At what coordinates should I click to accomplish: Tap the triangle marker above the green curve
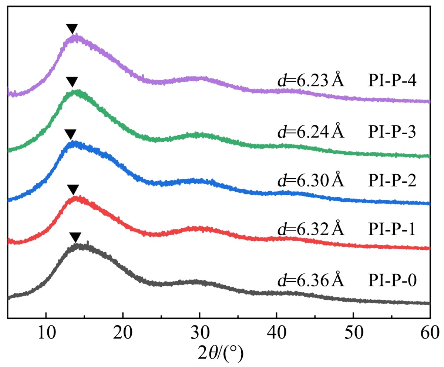(72, 82)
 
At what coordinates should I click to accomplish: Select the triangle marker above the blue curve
(70, 134)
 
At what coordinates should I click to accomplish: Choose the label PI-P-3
(392, 131)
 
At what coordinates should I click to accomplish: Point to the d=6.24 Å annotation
(311, 131)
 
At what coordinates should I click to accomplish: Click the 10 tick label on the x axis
(46, 330)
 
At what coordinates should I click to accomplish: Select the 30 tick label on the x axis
(199, 330)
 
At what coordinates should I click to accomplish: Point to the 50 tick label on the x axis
(353, 330)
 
